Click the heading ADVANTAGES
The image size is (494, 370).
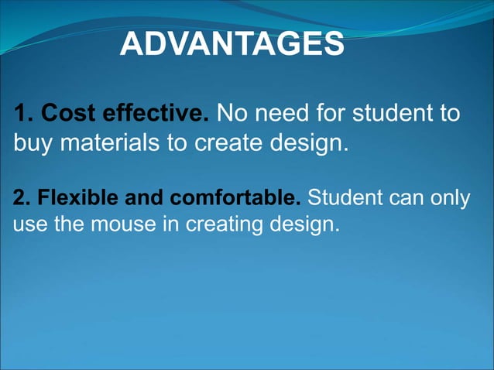pos(232,45)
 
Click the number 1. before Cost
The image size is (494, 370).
pos(23,115)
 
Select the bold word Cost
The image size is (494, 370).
pos(67,115)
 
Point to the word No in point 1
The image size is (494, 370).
pos(231,115)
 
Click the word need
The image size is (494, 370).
pos(279,115)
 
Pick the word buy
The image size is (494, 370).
pos(32,144)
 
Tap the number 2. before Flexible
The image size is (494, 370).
pos(22,198)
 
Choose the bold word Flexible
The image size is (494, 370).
pos(70,198)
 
